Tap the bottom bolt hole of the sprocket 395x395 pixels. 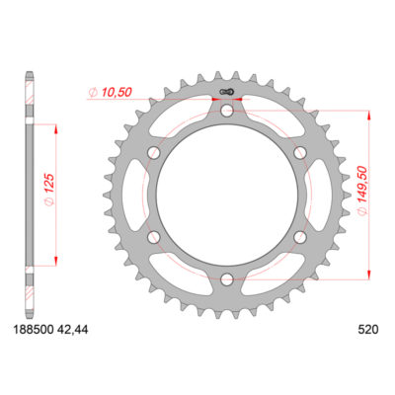click(226, 278)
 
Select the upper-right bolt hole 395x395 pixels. click(299, 152)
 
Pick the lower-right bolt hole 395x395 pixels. click(299, 236)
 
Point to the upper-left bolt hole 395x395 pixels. click(153, 152)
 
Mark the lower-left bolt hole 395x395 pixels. click(153, 236)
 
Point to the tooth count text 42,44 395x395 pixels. click(72, 336)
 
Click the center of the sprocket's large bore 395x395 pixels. click(226, 195)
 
